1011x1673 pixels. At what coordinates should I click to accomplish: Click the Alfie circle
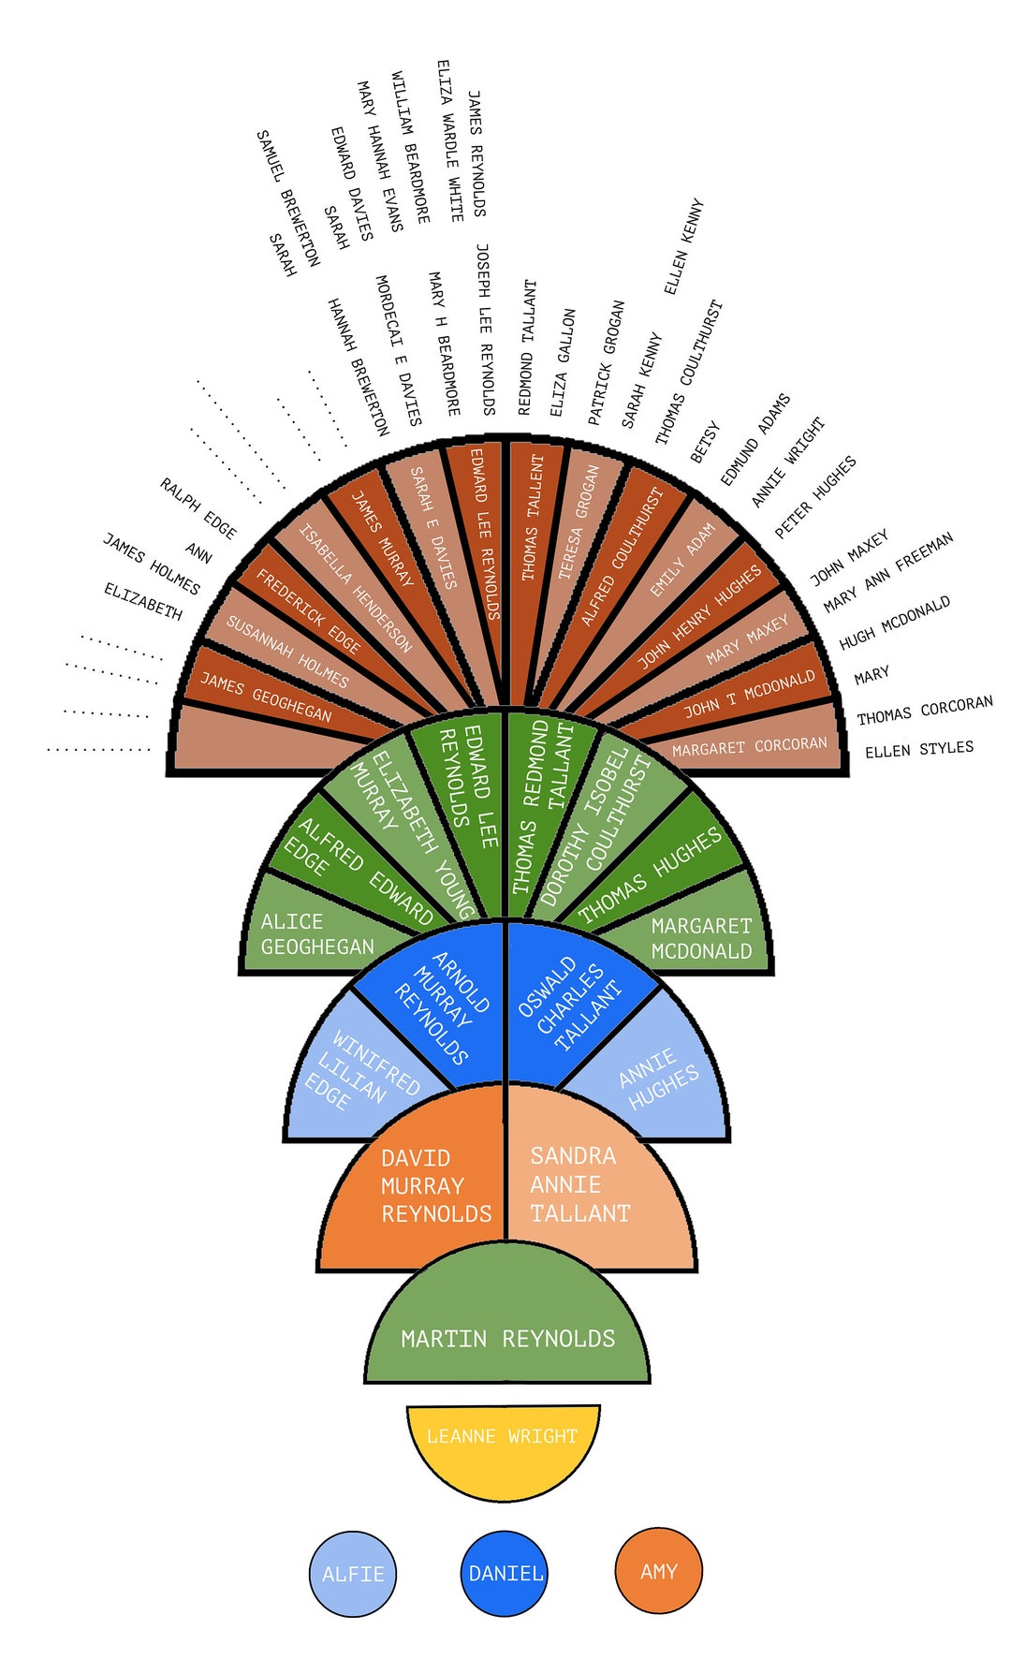tap(353, 1574)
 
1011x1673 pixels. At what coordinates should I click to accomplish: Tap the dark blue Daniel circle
tap(505, 1574)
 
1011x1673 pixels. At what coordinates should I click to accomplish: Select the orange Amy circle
tap(659, 1572)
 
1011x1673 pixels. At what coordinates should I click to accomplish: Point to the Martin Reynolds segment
tap(506, 1329)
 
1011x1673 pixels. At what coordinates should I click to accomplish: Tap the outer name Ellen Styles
tap(919, 749)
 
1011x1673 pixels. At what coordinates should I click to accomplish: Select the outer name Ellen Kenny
tap(683, 246)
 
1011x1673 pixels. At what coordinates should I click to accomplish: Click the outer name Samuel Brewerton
tap(287, 198)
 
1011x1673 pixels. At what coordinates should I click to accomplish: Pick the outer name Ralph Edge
tap(198, 508)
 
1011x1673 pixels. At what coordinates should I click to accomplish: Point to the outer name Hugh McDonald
tap(895, 623)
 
